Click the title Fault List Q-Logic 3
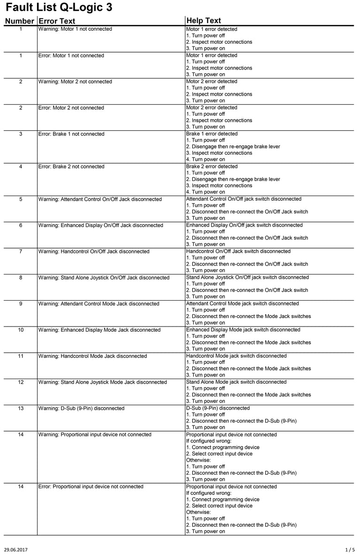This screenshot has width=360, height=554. pos(59,8)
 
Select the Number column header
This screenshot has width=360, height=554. pos(19,21)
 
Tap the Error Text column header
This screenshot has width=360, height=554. pos(57,21)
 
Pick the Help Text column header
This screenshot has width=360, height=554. pos(204,21)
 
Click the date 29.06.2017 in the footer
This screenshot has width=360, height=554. pos(16,548)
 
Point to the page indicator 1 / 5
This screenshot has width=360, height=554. pos(350,548)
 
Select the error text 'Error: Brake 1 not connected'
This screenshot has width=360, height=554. pos(71,134)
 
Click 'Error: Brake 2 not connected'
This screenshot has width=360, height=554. pos(71,167)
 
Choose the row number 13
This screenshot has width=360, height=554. pos(21,409)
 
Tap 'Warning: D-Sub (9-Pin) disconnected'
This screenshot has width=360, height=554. pos(81,409)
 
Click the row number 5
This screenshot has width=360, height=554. pos(21,199)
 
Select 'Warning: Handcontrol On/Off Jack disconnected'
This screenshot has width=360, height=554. pos(94,252)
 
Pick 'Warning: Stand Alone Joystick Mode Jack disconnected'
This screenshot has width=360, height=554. pos(102,382)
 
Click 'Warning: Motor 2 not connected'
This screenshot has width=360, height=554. pos(75,82)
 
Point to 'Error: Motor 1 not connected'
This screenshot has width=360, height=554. pos(71,56)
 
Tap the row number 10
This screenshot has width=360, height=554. pos(21,330)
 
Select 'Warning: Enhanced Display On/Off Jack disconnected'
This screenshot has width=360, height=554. pos(100,226)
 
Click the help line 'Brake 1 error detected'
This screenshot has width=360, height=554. pos(212,134)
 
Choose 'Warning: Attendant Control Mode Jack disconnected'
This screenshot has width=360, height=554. pos(99,304)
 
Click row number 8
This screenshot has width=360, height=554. pos(21,278)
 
